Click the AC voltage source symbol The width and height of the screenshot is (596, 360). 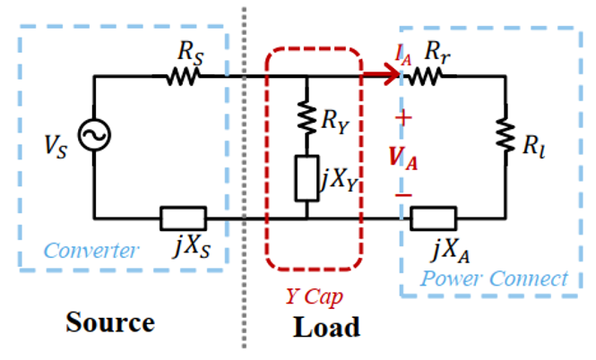[93, 136]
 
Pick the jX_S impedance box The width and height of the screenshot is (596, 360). [183, 218]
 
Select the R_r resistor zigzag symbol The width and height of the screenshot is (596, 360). [427, 77]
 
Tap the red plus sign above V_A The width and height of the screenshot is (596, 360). [403, 118]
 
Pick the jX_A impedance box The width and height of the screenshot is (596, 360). [435, 218]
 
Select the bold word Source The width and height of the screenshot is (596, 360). [110, 321]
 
